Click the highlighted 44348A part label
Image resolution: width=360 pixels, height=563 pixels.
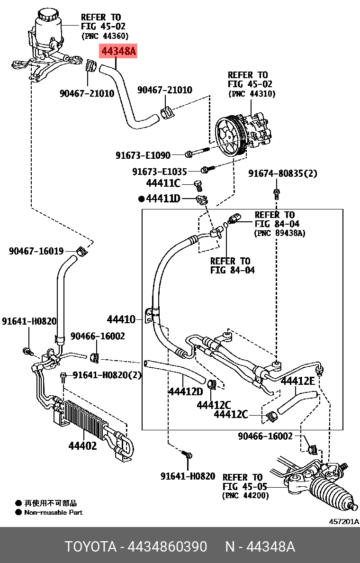pos(117,51)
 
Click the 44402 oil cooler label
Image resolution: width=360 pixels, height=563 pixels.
pos(82,446)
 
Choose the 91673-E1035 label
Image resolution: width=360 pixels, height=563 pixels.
pos(159,171)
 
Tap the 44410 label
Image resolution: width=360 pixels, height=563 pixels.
pos(121,320)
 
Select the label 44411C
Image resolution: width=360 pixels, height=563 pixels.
pos(163,183)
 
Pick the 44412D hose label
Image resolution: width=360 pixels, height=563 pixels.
pos(185,391)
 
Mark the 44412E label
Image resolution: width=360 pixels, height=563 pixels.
pos(297,381)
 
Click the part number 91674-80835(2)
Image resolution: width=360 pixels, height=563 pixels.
pos(282,174)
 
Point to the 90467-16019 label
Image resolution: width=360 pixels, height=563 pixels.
pos(36,251)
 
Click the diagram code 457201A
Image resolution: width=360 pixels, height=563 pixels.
pos(344,521)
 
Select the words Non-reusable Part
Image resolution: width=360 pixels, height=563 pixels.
pos(53,512)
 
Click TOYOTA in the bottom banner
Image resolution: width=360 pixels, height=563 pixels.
pos(90,547)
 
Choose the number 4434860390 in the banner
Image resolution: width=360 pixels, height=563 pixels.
pos(167,547)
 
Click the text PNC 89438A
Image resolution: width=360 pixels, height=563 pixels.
pos(279,233)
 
